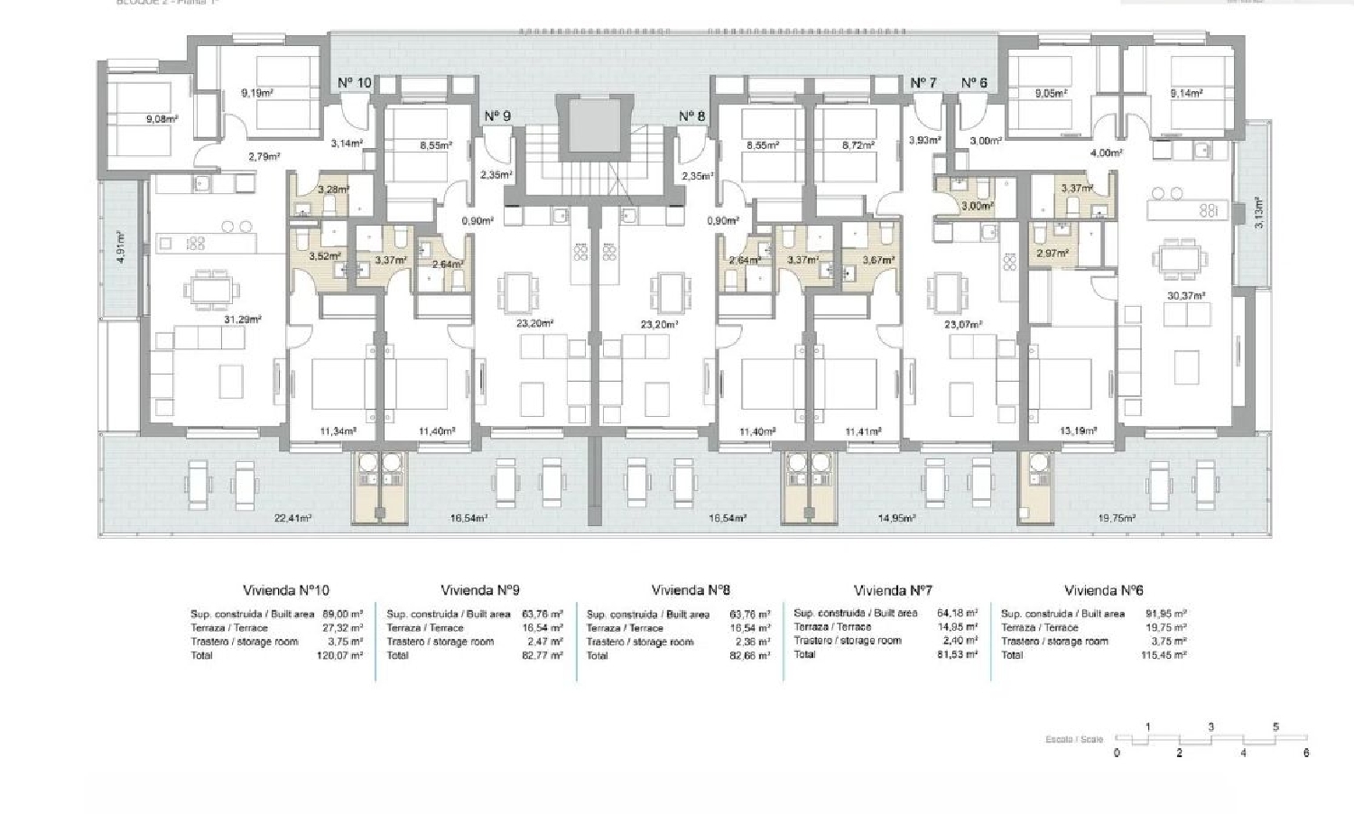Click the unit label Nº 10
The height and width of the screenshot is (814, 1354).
(x=355, y=83)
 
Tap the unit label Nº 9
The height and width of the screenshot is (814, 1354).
(x=497, y=116)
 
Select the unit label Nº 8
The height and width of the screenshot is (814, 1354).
(x=691, y=116)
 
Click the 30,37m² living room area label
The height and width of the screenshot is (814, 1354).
(x=1187, y=296)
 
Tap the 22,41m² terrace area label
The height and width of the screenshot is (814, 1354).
(x=293, y=518)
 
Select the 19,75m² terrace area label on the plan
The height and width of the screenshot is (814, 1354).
(x=1117, y=518)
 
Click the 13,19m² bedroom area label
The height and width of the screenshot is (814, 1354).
(x=1078, y=431)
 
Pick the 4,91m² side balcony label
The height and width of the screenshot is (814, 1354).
(x=121, y=247)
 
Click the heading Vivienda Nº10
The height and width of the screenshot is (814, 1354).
(x=287, y=590)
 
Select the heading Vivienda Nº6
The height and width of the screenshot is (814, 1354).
(x=1103, y=591)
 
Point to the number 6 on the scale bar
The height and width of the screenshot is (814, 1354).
(x=1306, y=753)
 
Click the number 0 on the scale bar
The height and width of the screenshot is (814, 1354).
(x=1117, y=753)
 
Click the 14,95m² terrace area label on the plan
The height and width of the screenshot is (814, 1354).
(x=897, y=518)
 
